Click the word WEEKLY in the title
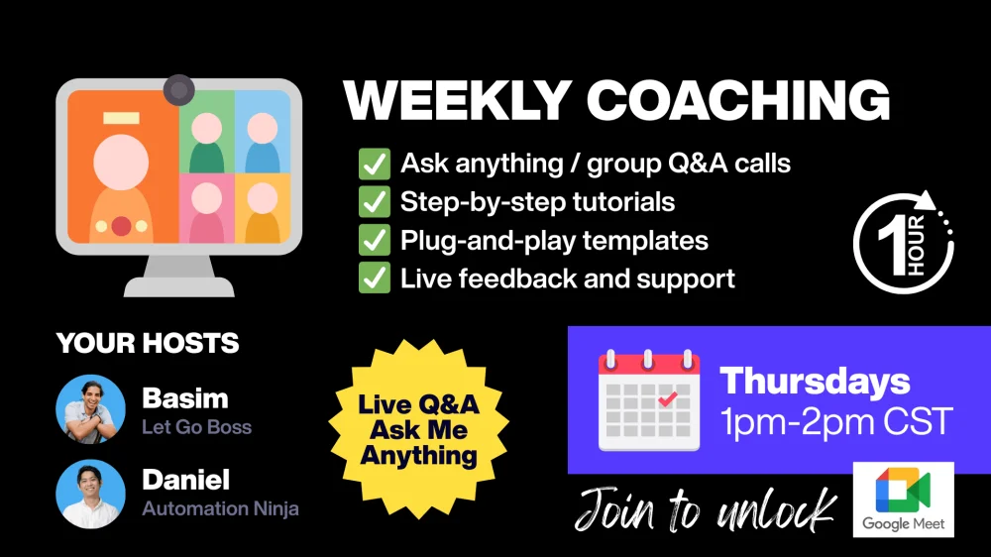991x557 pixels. pyautogui.click(x=458, y=100)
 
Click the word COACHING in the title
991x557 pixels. pyautogui.click(x=738, y=100)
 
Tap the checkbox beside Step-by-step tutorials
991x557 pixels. pyautogui.click(x=375, y=202)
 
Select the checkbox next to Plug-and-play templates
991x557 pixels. pyautogui.click(x=375, y=240)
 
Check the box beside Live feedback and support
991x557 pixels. pyautogui.click(x=375, y=278)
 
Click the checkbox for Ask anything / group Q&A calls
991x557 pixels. pyautogui.click(x=375, y=164)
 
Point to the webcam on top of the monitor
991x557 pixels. pyautogui.click(x=178, y=90)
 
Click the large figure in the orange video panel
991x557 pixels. pyautogui.click(x=121, y=187)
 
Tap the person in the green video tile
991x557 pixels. pyautogui.click(x=207, y=143)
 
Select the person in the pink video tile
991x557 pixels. pyautogui.click(x=207, y=212)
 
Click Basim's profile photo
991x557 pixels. pyautogui.click(x=90, y=409)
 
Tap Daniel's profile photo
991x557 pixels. pyautogui.click(x=90, y=494)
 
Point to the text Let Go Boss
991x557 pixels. pyautogui.click(x=196, y=427)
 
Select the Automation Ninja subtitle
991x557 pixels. pyautogui.click(x=221, y=508)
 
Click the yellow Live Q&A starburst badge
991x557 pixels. pyautogui.click(x=418, y=429)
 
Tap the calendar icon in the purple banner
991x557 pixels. pyautogui.click(x=649, y=399)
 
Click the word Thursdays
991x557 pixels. pyautogui.click(x=815, y=382)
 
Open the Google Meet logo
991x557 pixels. pyautogui.click(x=903, y=500)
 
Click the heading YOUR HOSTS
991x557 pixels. pyautogui.click(x=148, y=343)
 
